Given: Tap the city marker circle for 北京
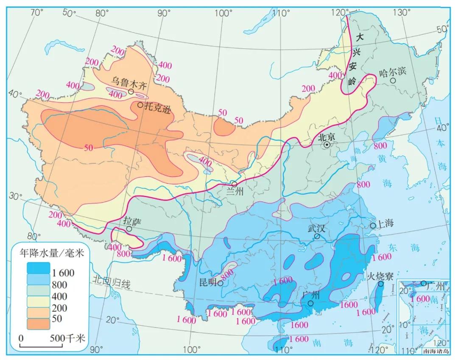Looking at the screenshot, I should pos(327,145).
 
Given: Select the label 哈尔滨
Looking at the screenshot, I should pos(392,72).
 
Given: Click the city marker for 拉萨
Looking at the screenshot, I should pos(128,229).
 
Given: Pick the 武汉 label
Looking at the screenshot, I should pos(316,228).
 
